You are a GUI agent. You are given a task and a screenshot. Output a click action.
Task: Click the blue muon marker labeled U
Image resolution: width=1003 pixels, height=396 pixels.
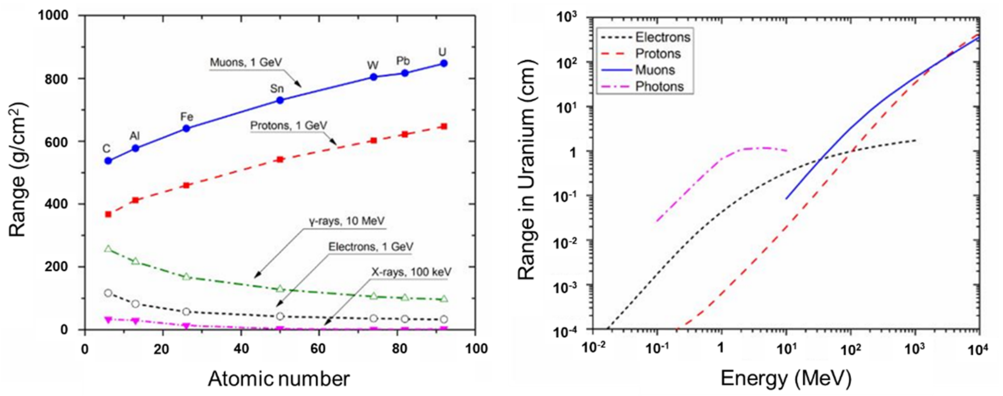443,63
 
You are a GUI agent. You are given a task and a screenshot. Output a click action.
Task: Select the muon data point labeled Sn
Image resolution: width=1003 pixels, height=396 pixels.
280,100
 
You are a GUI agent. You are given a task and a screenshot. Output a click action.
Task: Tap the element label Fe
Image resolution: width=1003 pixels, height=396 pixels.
187,117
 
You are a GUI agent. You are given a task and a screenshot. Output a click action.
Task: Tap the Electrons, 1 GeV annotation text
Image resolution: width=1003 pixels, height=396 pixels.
370,247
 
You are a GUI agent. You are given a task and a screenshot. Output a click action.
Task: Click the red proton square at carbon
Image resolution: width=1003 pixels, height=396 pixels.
108,214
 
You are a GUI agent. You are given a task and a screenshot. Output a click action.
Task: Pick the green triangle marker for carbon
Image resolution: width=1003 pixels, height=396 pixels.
108,249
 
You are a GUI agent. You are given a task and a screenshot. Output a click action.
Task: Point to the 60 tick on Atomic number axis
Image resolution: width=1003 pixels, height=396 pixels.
318,348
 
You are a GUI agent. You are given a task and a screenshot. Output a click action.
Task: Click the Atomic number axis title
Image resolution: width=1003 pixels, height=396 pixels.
279,379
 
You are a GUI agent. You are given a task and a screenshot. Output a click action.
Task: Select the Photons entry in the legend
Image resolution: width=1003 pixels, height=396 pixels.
659,86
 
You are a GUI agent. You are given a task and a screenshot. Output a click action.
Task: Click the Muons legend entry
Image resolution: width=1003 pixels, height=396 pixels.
655,70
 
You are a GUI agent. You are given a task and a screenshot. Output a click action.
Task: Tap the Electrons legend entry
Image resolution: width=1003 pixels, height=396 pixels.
662,37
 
